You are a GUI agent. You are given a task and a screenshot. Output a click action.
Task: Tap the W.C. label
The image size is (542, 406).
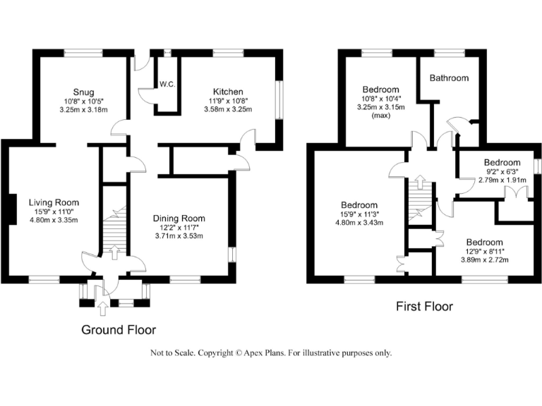pos(167,85)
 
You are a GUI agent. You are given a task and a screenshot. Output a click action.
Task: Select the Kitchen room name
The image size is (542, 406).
pos(228,92)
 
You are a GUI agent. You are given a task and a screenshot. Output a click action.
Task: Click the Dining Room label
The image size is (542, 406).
pos(179,219)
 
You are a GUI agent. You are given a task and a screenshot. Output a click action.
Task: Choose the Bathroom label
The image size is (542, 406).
pos(449,78)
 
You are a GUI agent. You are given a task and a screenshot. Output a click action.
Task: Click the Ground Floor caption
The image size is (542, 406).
pos(119,330)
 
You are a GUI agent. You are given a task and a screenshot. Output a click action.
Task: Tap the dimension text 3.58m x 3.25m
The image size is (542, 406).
pos(228,109)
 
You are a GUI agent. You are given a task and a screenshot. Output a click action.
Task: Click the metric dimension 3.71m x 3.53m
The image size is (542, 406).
pos(179,236)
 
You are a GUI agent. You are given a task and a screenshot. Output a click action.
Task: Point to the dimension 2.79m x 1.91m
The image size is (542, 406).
pos(502,180)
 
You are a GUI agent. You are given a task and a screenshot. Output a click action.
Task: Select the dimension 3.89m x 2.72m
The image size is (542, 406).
pos(486,259)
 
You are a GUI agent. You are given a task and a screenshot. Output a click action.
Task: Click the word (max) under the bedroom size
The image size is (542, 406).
pos(381,116)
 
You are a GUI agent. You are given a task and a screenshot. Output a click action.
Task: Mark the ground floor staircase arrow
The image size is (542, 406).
pos(115,250)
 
